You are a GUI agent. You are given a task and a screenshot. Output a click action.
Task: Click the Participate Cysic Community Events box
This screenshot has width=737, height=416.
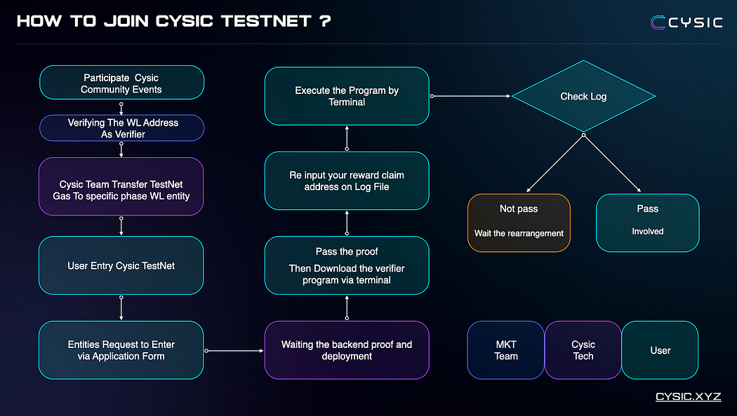tap(121, 83)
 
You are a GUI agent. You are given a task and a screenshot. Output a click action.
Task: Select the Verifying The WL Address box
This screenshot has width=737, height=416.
tap(121, 128)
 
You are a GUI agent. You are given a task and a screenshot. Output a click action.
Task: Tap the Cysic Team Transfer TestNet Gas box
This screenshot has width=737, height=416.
tap(121, 186)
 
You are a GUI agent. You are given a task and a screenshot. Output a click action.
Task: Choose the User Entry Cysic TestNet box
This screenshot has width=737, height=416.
tap(121, 265)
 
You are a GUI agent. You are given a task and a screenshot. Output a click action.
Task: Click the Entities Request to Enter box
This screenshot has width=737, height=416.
tap(121, 350)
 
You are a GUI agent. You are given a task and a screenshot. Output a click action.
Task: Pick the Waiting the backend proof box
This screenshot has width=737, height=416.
tap(347, 350)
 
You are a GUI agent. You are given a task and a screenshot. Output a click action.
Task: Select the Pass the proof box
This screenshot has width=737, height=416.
tap(347, 265)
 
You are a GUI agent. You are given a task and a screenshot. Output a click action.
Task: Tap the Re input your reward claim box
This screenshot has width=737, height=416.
tap(347, 181)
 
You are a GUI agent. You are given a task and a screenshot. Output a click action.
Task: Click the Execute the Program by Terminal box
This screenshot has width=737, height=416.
tap(347, 96)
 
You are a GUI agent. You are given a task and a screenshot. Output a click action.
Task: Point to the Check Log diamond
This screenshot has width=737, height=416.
tap(583, 96)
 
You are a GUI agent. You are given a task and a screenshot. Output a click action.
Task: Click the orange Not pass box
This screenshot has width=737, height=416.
tap(519, 223)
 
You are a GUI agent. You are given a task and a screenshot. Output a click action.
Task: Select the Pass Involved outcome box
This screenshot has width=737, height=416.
tap(647, 223)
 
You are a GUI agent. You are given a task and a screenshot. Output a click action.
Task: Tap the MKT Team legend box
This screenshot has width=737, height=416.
tap(505, 350)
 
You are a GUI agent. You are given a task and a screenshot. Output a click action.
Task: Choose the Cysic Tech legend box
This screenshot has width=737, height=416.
tap(583, 350)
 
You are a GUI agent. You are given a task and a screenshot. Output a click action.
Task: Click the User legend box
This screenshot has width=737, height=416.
tap(660, 350)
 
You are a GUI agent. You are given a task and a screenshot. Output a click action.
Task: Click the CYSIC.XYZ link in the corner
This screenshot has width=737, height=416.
tap(688, 396)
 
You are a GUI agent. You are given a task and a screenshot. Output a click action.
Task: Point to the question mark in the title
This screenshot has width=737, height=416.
tap(324, 21)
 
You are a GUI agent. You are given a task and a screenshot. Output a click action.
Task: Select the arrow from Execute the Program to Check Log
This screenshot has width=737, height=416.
tap(470, 96)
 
